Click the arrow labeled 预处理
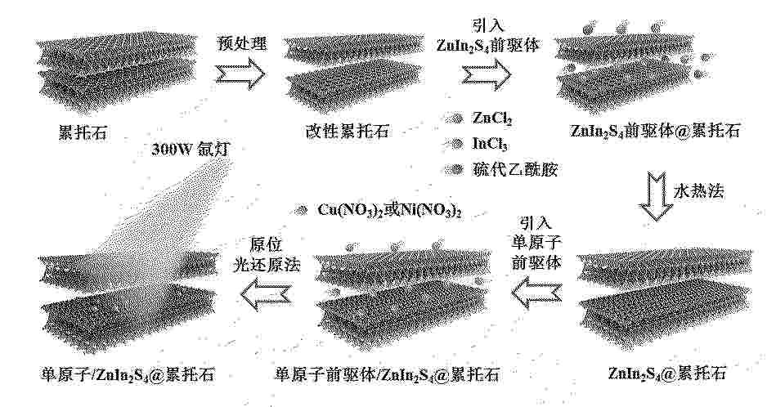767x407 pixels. tap(240, 75)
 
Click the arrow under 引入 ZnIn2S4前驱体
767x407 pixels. tap(487, 74)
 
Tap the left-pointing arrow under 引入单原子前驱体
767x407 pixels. tap(536, 293)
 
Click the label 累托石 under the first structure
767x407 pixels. tap(83, 132)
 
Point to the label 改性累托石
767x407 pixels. tap(348, 132)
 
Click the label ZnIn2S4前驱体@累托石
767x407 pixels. tap(655, 131)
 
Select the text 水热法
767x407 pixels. tap(698, 191)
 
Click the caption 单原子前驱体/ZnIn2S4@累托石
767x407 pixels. tap(387, 375)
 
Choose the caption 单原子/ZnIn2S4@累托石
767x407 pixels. tap(128, 375)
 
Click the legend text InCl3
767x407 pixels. tap(490, 144)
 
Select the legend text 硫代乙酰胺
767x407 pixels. tap(514, 169)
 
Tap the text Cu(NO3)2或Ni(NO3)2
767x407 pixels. tap(390, 210)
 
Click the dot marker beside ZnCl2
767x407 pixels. tap(456, 118)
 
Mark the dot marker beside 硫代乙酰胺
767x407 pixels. tap(456, 169)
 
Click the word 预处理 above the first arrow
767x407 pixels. tap(242, 43)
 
